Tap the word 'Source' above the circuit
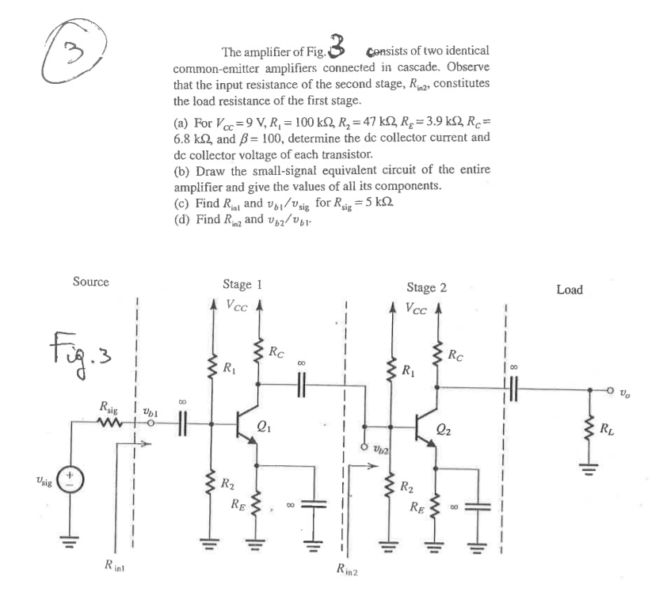point(90,281)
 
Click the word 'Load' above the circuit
point(569,290)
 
